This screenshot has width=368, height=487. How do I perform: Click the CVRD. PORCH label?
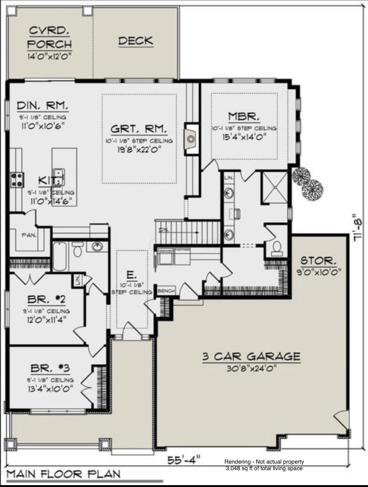[50, 37]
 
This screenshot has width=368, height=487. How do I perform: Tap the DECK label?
[136, 41]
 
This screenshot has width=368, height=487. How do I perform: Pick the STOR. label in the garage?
[318, 260]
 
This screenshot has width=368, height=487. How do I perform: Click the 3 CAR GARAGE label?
[251, 356]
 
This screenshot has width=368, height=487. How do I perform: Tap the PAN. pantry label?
[29, 235]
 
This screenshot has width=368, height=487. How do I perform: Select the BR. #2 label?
[47, 300]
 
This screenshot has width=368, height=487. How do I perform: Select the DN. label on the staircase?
[163, 230]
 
